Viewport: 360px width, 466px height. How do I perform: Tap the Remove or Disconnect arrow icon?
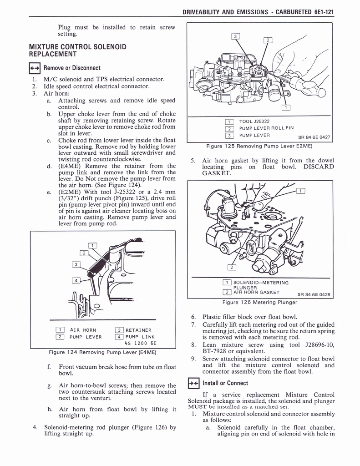tap(35, 68)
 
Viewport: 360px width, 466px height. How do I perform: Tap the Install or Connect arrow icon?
tap(194, 383)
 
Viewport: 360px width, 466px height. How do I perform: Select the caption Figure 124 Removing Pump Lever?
tap(102, 352)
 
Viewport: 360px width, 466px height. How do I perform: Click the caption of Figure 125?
tap(258, 146)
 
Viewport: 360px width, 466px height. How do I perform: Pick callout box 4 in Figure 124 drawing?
tap(77, 280)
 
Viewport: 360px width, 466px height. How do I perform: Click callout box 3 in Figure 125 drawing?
tap(236, 36)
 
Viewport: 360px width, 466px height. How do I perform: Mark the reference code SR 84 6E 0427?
tap(314, 137)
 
